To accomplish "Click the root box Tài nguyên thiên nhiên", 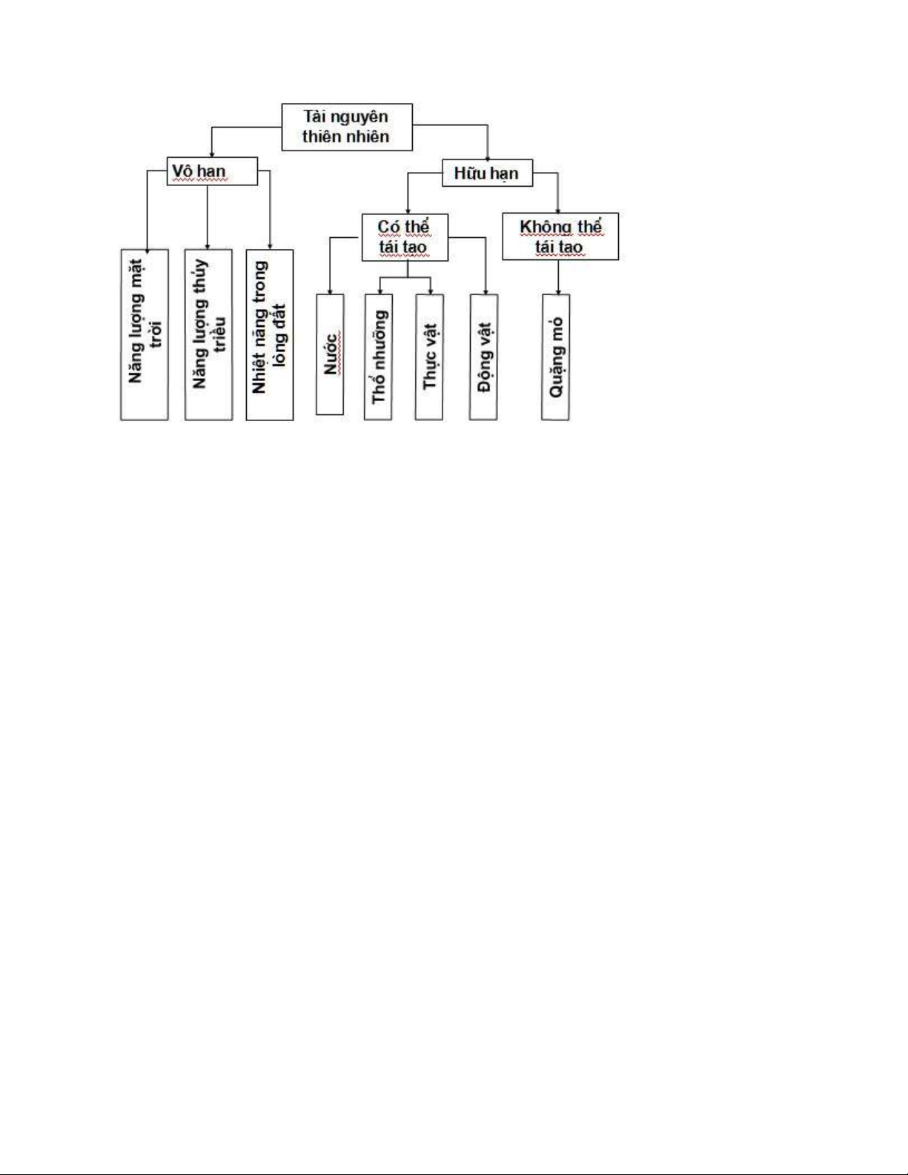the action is click(x=347, y=127).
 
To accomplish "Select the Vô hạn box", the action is click(x=212, y=171).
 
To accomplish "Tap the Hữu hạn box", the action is click(x=488, y=173).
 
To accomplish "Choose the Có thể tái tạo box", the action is click(x=405, y=237).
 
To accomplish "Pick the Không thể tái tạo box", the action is click(x=560, y=236).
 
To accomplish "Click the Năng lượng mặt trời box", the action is click(x=145, y=335).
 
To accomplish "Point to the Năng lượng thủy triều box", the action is click(x=208, y=335).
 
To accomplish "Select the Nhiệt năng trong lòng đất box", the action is click(x=270, y=335).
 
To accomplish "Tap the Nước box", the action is click(x=330, y=354).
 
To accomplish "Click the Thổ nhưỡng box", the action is click(x=378, y=357).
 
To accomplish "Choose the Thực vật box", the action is click(x=429, y=357).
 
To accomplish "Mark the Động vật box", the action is click(x=484, y=357).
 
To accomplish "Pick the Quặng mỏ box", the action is click(x=556, y=357).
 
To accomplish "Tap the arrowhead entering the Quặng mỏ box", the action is click(x=558, y=291).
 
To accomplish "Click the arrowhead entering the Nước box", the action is click(x=330, y=291).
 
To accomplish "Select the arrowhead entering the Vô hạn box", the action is click(x=212, y=154).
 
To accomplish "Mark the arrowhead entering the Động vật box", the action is click(x=486, y=291).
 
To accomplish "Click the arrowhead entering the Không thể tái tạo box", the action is click(x=557, y=211).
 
